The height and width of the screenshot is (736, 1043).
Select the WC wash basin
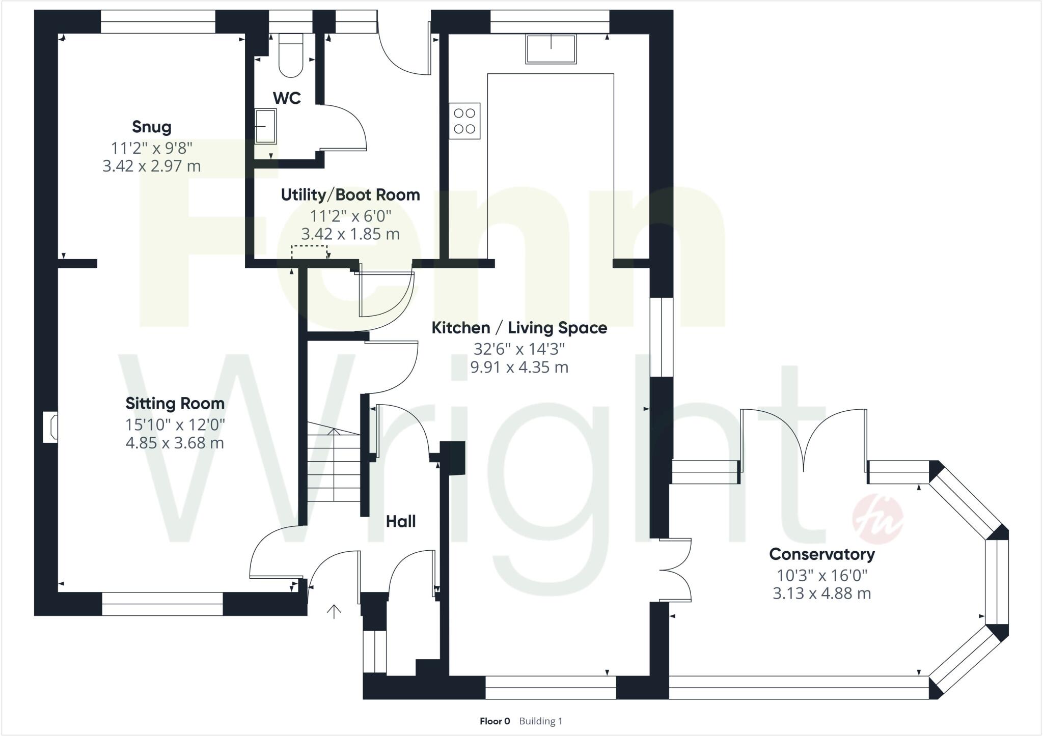pyautogui.click(x=265, y=126)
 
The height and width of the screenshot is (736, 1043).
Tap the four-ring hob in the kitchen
pyautogui.click(x=464, y=121)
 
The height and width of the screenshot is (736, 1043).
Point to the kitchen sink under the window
pyautogui.click(x=551, y=49)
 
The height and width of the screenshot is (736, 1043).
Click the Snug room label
pyautogui.click(x=152, y=127)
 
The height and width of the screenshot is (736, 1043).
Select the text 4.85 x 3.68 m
pyautogui.click(x=175, y=443)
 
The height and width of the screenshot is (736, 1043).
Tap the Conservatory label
pyautogui.click(x=821, y=554)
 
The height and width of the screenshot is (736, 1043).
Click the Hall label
pyautogui.click(x=400, y=521)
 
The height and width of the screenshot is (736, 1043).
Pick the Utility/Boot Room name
pyautogui.click(x=350, y=195)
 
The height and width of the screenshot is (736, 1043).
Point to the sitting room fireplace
pyautogui.click(x=50, y=427)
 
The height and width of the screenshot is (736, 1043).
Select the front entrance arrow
pyautogui.click(x=334, y=611)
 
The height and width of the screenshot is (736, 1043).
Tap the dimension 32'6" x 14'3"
pyautogui.click(x=519, y=349)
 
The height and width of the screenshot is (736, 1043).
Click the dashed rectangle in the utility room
pyautogui.click(x=309, y=252)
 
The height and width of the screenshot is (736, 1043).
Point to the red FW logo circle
pyautogui.click(x=877, y=520)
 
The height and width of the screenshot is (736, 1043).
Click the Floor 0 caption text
pyautogui.click(x=495, y=721)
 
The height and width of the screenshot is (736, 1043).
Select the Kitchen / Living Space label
pyautogui.click(x=519, y=328)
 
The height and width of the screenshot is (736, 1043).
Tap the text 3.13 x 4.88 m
pyautogui.click(x=821, y=593)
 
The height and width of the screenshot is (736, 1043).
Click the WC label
pyautogui.click(x=287, y=98)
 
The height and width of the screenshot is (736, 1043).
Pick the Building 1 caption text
pyautogui.click(x=540, y=721)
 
